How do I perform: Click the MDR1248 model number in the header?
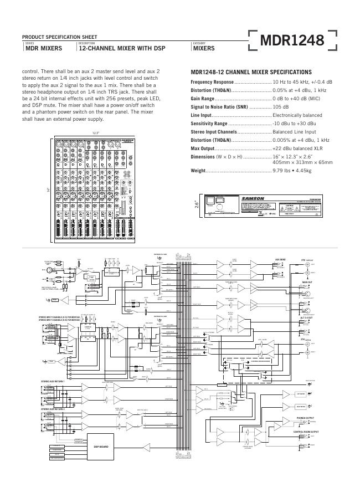pyautogui.click(x=292, y=40)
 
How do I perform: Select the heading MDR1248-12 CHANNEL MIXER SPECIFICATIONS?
pyautogui.click(x=251, y=73)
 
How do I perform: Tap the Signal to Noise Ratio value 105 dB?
pyautogui.click(x=281, y=107)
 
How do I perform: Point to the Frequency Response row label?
pyautogui.click(x=212, y=82)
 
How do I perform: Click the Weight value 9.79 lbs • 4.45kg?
pyautogui.click(x=292, y=171)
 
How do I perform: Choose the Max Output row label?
pyautogui.click(x=202, y=148)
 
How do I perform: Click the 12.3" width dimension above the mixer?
pyautogui.click(x=95, y=133)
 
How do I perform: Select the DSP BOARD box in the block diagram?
pyautogui.click(x=100, y=446)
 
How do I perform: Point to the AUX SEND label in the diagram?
pyautogui.click(x=280, y=259)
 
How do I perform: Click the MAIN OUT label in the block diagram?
pyautogui.click(x=307, y=282)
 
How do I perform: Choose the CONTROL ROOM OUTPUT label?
pyautogui.click(x=306, y=431)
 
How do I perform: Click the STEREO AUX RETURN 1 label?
pyautogui.click(x=53, y=382)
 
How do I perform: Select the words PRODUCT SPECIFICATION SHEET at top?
pyautogui.click(x=60, y=37)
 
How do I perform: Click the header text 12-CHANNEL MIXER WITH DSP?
pyautogui.click(x=122, y=49)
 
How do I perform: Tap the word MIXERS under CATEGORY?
pyautogui.click(x=204, y=49)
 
